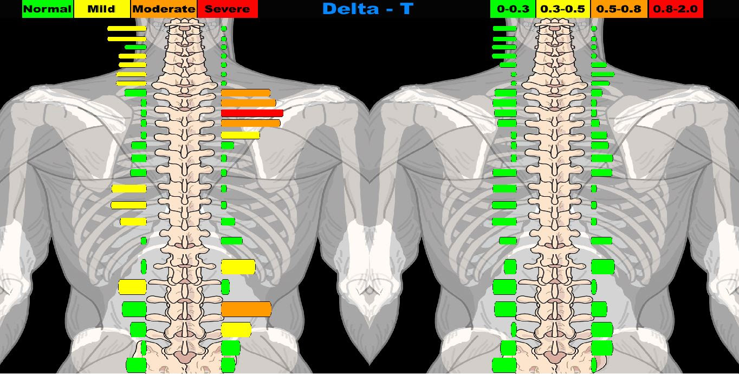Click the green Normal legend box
tap(48, 9)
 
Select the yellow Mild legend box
tap(102, 9)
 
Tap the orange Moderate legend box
tap(164, 9)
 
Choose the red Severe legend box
tap(228, 9)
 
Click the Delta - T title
tap(367, 9)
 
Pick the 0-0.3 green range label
tap(513, 9)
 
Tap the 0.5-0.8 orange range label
tap(619, 9)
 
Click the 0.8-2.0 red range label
tap(675, 9)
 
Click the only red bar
tap(252, 113)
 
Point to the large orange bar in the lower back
tap(246, 309)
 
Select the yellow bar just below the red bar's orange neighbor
tap(240, 135)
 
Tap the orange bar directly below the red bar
tap(250, 124)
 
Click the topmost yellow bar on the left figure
tap(127, 28)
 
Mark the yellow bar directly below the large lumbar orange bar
tap(236, 330)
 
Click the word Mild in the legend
tap(102, 9)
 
